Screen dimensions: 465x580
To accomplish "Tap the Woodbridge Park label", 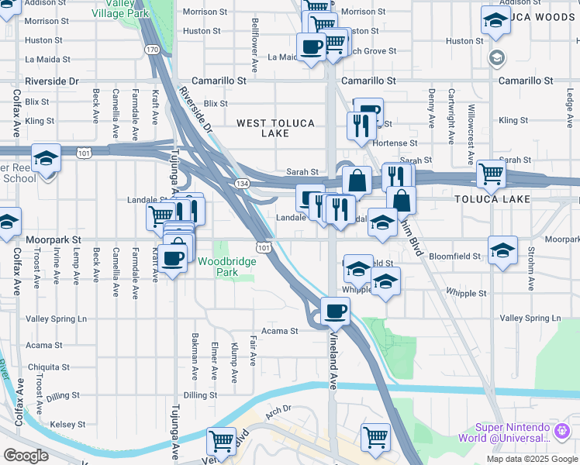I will tap(226, 267).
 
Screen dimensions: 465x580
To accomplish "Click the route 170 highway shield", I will tap(152, 50).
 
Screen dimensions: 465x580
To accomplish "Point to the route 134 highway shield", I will tap(242, 183).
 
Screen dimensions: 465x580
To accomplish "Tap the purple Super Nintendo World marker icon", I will tap(561, 429).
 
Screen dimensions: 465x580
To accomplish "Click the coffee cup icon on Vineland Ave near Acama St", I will tap(335, 311).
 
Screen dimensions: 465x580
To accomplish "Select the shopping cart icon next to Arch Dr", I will tap(222, 441).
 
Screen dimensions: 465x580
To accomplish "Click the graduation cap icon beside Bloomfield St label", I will tap(502, 250).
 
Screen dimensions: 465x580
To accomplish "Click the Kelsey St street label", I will tap(67, 425).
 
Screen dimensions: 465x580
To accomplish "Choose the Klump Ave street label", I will tap(233, 363).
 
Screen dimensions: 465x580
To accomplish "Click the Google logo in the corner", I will tap(26, 456).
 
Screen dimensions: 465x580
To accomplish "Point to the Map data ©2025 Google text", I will tap(531, 458).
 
